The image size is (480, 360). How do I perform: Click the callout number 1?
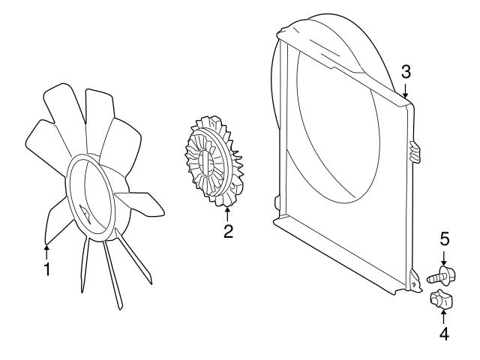46,269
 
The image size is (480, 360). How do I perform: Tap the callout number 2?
228,232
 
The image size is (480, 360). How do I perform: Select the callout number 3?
406,72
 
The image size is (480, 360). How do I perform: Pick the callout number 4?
444,334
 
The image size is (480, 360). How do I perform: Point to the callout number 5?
445,238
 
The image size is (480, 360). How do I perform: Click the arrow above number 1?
46,252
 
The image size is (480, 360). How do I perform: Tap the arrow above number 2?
227,214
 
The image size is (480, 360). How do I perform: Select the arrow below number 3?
406,90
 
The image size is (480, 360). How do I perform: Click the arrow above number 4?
443,316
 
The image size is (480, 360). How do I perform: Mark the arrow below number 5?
444,257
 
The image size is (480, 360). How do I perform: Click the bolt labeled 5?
441,276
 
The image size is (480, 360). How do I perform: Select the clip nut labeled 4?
442,298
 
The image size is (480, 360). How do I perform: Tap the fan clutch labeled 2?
214,160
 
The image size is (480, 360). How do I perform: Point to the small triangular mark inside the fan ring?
85,212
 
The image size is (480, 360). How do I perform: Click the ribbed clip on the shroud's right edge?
415,151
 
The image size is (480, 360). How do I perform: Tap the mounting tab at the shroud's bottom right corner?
415,281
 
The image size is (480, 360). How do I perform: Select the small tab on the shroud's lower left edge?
277,203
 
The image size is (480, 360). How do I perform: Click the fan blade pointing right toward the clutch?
140,203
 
